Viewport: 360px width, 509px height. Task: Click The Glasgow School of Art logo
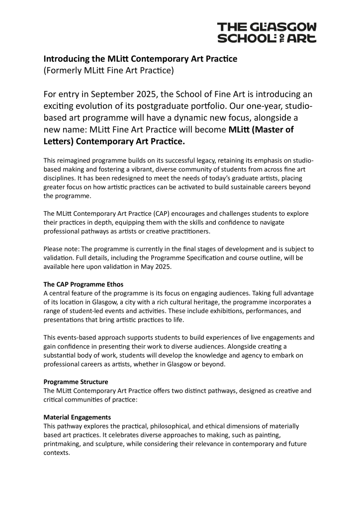pos(267,32)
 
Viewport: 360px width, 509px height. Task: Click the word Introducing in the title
pos(67,59)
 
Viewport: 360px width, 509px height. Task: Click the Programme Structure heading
pos(76,382)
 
